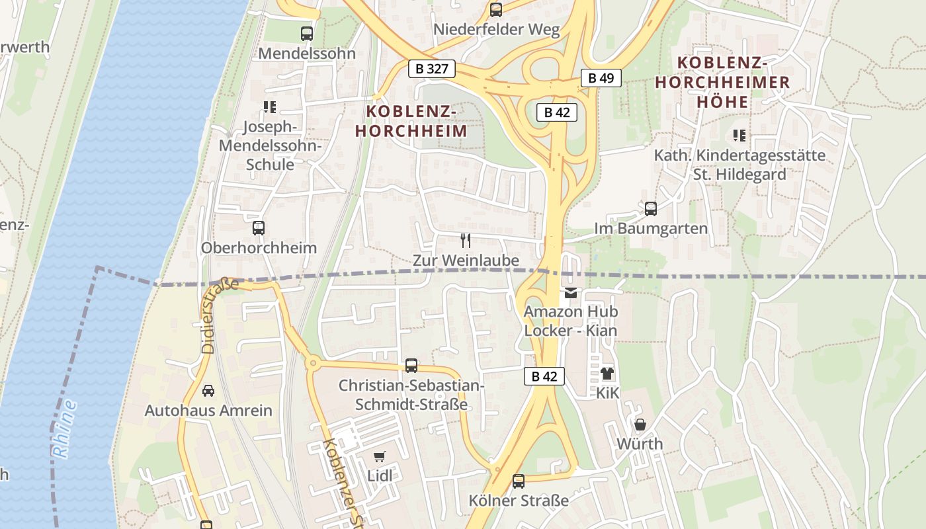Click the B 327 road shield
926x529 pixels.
(x=433, y=68)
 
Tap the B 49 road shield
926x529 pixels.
(x=601, y=78)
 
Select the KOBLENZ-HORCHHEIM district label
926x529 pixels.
(x=411, y=121)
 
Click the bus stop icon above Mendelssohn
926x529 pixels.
(x=306, y=33)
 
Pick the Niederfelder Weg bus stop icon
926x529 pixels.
(x=496, y=9)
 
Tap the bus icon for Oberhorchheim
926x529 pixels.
(x=259, y=228)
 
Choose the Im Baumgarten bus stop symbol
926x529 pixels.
(x=651, y=209)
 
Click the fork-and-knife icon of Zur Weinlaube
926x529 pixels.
(x=466, y=240)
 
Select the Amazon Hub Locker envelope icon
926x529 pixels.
(x=570, y=292)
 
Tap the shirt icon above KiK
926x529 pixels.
(x=607, y=374)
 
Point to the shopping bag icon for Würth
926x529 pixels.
(x=640, y=425)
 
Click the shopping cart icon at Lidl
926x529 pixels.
(x=379, y=456)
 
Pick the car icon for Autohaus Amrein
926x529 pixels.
(x=208, y=391)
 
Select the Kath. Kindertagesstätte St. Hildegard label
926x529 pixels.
(x=739, y=165)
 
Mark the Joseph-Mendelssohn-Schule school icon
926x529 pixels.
(x=269, y=106)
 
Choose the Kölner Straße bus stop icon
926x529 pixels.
(x=519, y=481)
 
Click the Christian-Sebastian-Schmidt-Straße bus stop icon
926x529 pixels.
(x=411, y=365)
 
